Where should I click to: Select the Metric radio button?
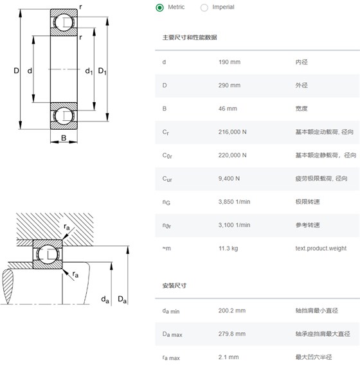(159, 8)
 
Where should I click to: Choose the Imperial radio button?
(204, 8)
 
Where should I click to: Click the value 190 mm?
(230, 62)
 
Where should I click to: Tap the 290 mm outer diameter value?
(230, 85)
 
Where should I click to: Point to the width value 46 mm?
(228, 109)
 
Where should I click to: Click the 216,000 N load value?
(232, 132)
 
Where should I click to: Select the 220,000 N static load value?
(232, 156)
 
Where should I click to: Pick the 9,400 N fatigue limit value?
(229, 179)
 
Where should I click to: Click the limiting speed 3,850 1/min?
(234, 202)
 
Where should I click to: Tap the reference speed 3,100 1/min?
(234, 225)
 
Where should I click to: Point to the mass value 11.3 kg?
(228, 249)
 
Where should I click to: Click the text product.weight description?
(321, 249)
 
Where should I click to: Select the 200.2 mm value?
(232, 310)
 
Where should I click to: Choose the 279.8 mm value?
(232, 334)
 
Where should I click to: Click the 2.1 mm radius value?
(228, 357)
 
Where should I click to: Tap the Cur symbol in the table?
(167, 179)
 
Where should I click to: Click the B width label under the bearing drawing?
(64, 138)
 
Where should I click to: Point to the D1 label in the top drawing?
(102, 71)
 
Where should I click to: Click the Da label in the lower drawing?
(122, 299)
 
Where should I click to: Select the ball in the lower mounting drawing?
(48, 254)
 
